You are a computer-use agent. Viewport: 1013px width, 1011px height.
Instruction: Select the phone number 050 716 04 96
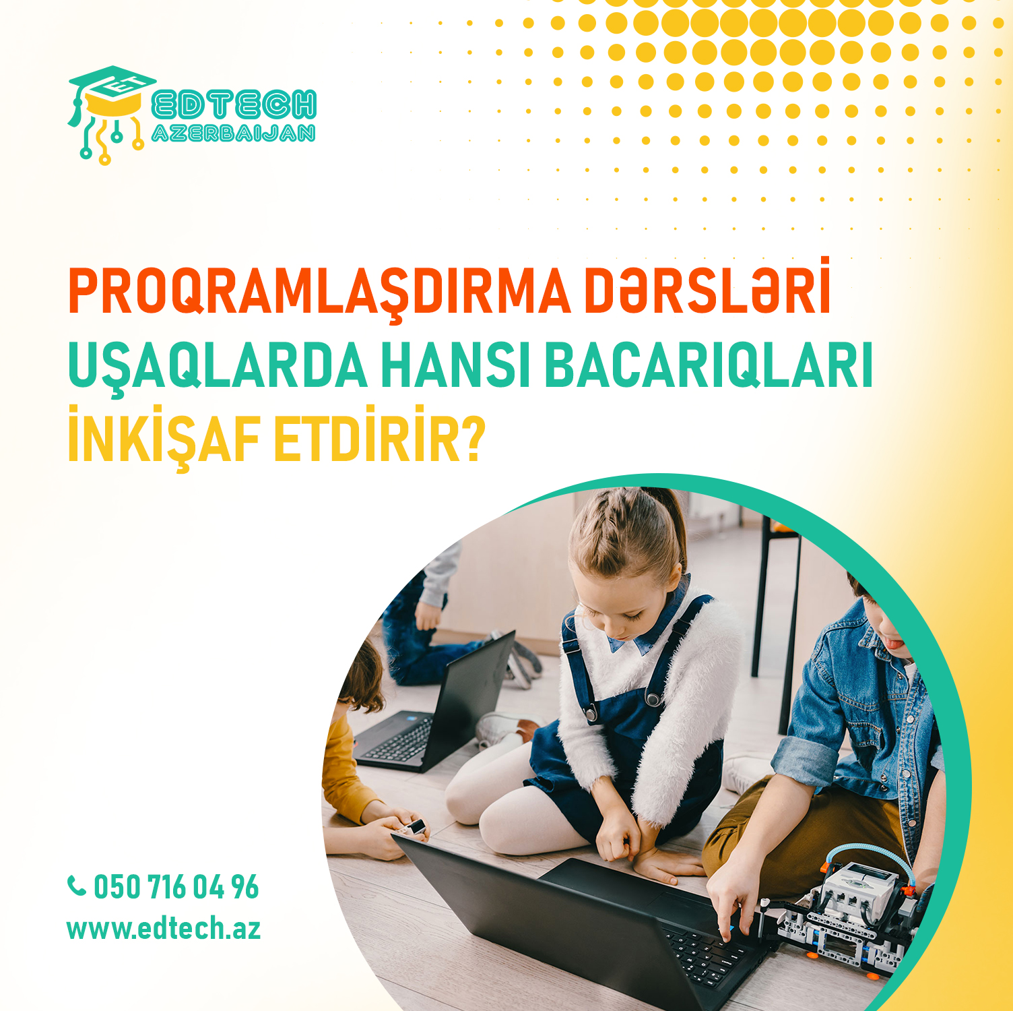pos(176,887)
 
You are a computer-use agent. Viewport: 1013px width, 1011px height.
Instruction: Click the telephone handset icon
pos(77,886)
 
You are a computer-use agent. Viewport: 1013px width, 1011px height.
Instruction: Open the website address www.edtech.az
pos(164,929)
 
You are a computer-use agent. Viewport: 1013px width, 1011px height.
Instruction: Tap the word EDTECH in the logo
pos(234,104)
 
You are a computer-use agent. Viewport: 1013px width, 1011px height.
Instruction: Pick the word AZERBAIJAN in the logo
pos(234,133)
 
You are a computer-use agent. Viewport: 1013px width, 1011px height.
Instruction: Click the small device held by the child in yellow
pos(415,827)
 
